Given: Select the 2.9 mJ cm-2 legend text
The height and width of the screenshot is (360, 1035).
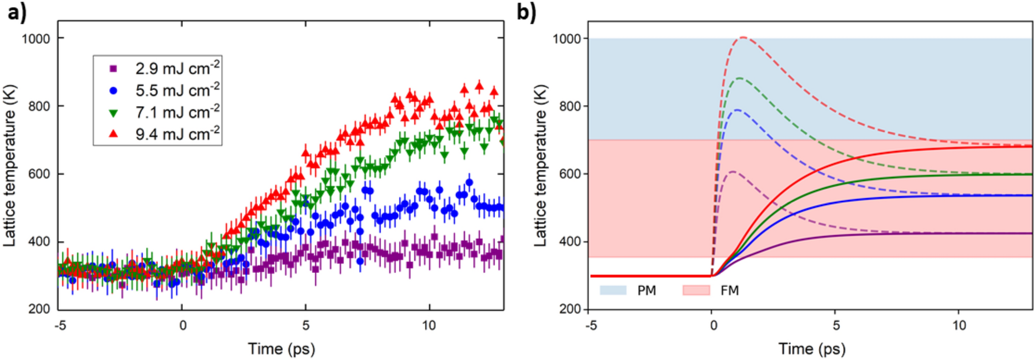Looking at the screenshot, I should pyautogui.click(x=177, y=68).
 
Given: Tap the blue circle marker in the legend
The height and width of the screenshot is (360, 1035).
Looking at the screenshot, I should pyautogui.click(x=114, y=90).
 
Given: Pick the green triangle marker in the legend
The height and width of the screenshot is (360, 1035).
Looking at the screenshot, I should pyautogui.click(x=114, y=112).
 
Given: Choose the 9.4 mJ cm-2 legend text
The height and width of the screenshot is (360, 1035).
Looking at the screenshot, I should pyautogui.click(x=177, y=134).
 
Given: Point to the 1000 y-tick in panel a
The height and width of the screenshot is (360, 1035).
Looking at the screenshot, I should pyautogui.click(x=36, y=39).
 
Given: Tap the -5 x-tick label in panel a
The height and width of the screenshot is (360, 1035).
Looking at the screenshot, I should pyautogui.click(x=60, y=326).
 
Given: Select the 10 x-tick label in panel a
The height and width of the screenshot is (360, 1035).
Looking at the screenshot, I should pyautogui.click(x=429, y=326).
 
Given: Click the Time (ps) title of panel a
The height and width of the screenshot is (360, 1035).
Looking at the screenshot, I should pyautogui.click(x=281, y=349).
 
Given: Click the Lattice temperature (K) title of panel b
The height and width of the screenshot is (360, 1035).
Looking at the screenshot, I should pyautogui.click(x=540, y=165).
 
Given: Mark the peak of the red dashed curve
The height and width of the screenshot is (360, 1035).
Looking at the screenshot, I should pyautogui.click(x=743, y=37).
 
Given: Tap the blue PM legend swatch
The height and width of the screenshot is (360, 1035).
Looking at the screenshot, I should pyautogui.click(x=613, y=290).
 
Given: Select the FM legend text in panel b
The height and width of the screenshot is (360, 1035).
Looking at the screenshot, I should pyautogui.click(x=730, y=290).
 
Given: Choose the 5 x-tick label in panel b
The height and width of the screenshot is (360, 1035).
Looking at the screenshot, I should pyautogui.click(x=836, y=326).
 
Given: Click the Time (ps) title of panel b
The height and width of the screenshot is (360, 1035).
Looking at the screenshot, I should pyautogui.click(x=812, y=349).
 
